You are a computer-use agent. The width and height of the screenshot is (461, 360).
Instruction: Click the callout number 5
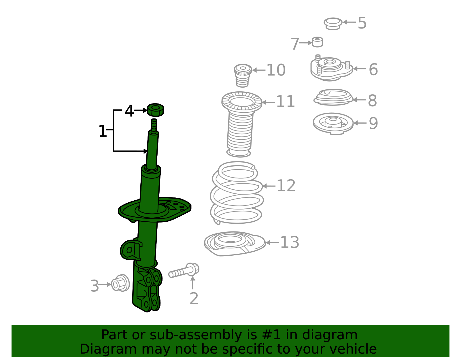pyautogui.click(x=362, y=23)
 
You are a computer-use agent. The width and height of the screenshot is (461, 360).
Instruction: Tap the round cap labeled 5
pyautogui.click(x=333, y=24)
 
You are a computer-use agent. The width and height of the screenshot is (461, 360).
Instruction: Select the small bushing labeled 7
pyautogui.click(x=318, y=42)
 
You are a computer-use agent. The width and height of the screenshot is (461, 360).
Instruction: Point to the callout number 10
pyautogui.click(x=276, y=70)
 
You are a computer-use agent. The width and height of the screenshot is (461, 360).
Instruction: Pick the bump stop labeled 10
pyautogui.click(x=243, y=76)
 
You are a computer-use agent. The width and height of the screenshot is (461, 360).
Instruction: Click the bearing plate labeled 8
pyautogui.click(x=333, y=97)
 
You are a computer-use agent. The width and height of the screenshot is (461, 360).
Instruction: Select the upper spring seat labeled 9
pyautogui.click(x=333, y=124)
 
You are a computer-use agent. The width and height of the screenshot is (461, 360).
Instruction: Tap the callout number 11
pyautogui.click(x=286, y=101)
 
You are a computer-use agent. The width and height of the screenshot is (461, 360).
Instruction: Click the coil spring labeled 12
pyautogui.click(x=237, y=193)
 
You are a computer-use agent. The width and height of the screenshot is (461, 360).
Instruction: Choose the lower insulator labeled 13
pyautogui.click(x=235, y=243)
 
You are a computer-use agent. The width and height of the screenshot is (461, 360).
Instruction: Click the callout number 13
pyautogui.click(x=290, y=242)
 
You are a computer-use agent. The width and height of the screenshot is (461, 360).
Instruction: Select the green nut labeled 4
pyautogui.click(x=156, y=110)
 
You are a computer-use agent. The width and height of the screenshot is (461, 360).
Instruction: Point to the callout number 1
pyautogui.click(x=103, y=131)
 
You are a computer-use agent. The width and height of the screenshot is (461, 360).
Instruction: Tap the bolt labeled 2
pyautogui.click(x=184, y=270)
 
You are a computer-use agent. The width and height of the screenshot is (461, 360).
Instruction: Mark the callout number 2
pyautogui.click(x=194, y=299)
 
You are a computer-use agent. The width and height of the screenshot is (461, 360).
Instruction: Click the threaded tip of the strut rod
pyautogui.click(x=154, y=126)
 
